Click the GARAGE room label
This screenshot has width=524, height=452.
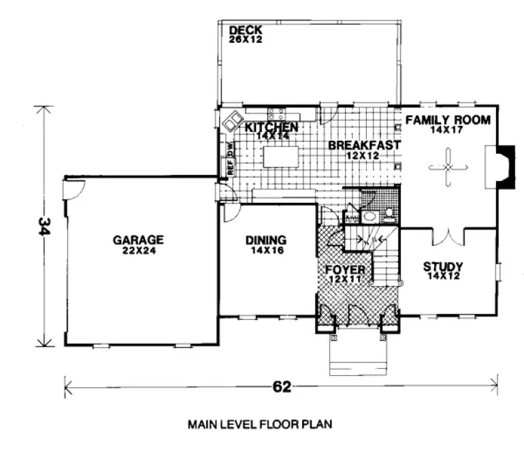138,240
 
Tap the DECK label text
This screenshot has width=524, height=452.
245,31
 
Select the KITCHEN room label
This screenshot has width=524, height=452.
272,127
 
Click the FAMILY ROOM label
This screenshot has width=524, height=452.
448,120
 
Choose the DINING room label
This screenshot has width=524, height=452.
265,240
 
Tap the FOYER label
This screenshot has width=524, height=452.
348,269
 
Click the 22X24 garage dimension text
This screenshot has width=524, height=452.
138,251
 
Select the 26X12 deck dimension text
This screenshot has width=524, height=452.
245,40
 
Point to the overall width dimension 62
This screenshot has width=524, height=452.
282,387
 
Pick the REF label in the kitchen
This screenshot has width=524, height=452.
230,167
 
